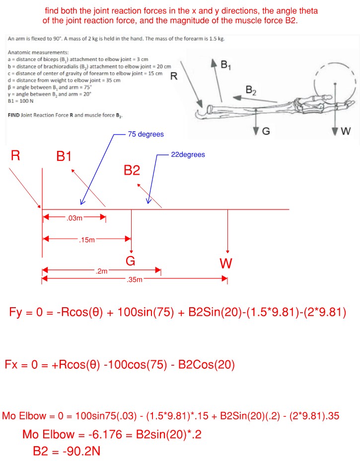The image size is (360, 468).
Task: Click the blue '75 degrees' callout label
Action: tap(145, 134)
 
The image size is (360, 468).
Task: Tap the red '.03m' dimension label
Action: tap(74, 218)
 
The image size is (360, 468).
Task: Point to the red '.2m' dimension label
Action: tap(101, 271)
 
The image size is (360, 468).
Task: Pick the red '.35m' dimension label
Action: tap(135, 280)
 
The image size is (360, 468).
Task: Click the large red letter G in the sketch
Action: tap(130, 261)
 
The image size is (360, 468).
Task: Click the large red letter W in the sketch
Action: tap(226, 263)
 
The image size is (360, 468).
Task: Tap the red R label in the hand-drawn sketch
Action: tap(15, 156)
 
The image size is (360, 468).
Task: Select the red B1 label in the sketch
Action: tap(64, 157)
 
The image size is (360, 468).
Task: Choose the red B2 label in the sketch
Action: tap(132, 171)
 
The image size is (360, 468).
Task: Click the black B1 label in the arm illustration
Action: tap(225, 64)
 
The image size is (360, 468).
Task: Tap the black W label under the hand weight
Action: tap(346, 131)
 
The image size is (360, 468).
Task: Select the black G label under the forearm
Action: tap(266, 131)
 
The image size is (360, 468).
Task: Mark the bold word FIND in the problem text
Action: tap(15, 115)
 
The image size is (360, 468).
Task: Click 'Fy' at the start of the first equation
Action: tap(16, 313)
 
